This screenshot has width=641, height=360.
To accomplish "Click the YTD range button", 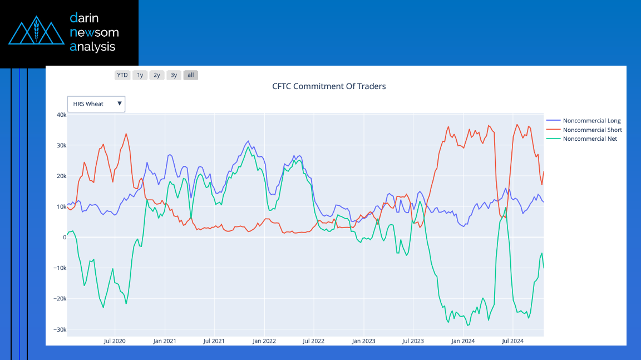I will point(122,75).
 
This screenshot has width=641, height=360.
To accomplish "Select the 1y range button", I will point(140,75).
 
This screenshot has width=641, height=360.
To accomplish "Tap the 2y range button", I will point(157,75).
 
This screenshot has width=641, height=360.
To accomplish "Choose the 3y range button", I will point(174,75).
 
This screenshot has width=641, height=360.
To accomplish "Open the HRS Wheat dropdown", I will point(96,104).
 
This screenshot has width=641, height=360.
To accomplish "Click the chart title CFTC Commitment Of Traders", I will point(329,86).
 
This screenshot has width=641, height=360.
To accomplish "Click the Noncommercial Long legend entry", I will point(591,121).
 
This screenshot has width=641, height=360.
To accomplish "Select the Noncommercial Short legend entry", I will point(592,130).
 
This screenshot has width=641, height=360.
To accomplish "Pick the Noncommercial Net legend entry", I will point(590,139).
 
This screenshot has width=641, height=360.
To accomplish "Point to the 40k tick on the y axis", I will point(61,115).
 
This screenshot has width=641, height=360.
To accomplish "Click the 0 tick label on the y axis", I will point(64,238).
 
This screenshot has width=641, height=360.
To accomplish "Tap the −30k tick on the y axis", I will point(60,329).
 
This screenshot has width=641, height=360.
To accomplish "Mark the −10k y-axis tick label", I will point(60,268).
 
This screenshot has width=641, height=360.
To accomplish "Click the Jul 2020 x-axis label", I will point(115,341).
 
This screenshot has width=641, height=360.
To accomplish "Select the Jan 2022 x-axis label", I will point(264,341).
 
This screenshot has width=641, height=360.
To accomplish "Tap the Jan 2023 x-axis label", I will point(364,341).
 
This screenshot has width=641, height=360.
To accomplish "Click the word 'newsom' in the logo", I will point(94,32).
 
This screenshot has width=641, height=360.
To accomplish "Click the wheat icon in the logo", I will point(36,33).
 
